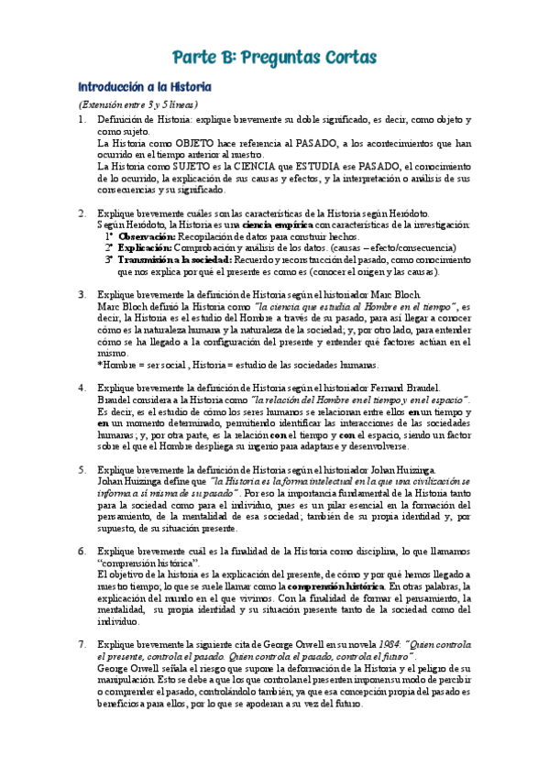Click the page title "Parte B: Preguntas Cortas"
[274, 58]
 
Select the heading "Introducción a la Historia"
[145, 87]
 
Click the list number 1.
[82, 120]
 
